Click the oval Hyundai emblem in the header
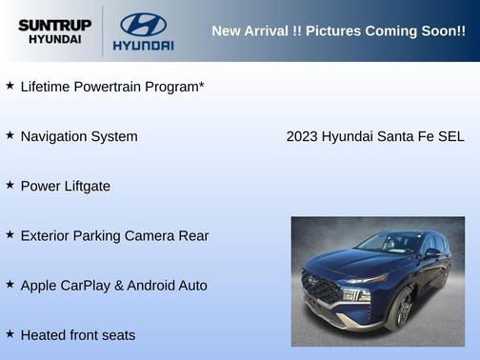click(x=143, y=24)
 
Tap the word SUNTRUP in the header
click(x=55, y=24)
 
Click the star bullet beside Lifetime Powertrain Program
click(x=10, y=86)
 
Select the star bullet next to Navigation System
click(x=10, y=135)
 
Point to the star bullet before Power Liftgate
click(x=10, y=185)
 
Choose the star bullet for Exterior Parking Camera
click(x=10, y=234)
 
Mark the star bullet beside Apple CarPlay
click(x=10, y=284)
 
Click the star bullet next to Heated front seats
click(x=10, y=333)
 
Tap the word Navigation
click(x=52, y=136)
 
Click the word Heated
click(x=43, y=334)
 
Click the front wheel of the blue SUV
click(x=402, y=310)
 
